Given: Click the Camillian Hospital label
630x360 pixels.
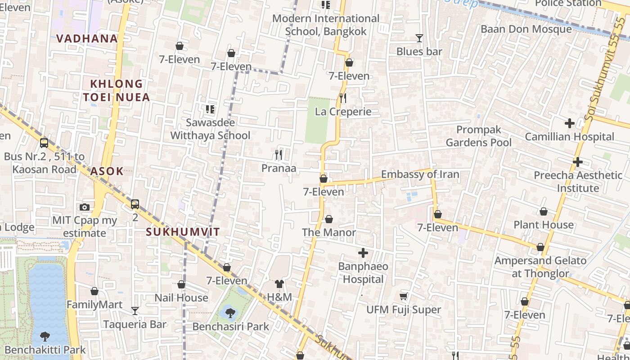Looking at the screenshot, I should point(569,137).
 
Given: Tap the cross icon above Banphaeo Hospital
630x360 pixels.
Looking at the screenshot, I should point(363,253).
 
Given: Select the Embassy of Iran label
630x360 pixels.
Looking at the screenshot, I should point(420,175).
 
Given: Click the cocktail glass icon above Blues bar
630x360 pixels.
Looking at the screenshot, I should point(419,38).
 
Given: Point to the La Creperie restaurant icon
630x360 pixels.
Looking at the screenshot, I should point(343,98).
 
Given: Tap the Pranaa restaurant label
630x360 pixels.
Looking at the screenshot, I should point(279,168).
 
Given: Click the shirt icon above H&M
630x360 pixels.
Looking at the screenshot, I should point(279,284).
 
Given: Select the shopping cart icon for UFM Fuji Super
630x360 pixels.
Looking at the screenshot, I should point(404,296).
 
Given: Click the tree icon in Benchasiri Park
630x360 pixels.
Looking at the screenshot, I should point(230,312).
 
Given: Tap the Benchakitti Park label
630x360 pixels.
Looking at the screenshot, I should point(45,350).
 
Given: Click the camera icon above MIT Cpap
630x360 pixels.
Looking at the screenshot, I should point(84,207).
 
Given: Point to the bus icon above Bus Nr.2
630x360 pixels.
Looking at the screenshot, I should point(44,143).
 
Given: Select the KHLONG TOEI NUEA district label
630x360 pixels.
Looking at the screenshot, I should point(116,90).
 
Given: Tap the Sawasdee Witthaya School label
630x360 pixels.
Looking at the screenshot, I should point(210,129).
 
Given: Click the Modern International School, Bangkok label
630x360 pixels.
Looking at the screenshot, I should point(326,25).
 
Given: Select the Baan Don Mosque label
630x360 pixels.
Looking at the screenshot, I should point(526,29).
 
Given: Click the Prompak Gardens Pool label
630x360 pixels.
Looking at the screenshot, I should point(479,136).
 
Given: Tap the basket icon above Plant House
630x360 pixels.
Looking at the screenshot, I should point(544,211).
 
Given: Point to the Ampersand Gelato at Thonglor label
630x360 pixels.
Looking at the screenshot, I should point(540,267).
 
